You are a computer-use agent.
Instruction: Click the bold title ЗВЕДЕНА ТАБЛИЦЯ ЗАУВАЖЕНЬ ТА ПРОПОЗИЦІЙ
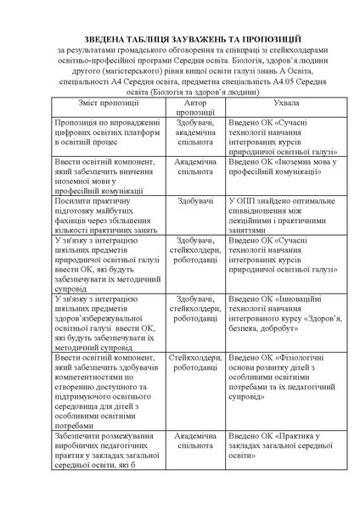click(x=180, y=40)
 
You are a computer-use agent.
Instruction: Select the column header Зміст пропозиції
click(x=108, y=103)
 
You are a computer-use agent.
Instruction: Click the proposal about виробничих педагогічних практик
click(x=108, y=454)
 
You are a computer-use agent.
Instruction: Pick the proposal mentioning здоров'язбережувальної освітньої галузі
click(x=108, y=322)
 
